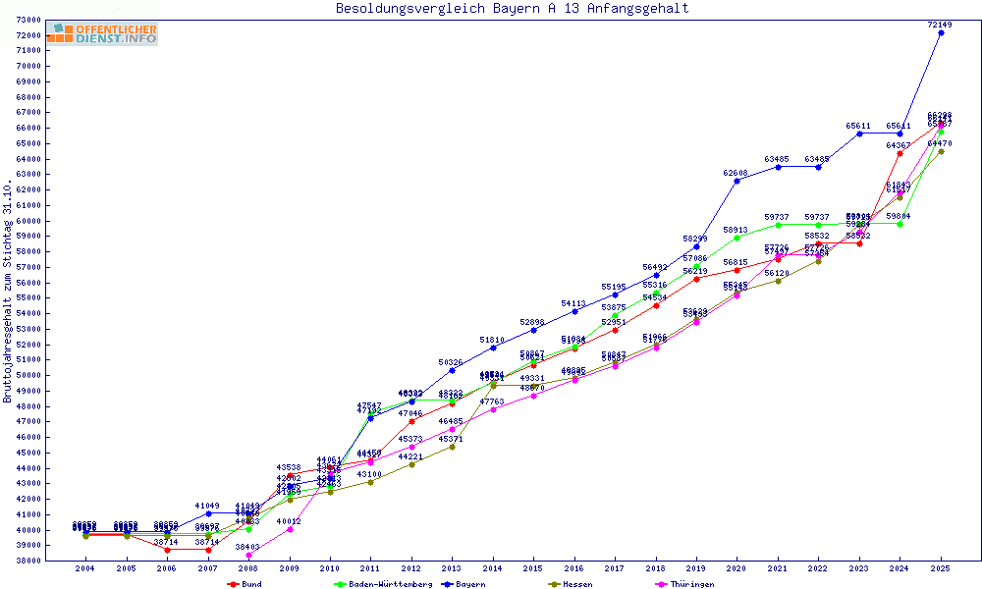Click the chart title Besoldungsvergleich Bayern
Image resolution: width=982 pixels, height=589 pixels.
[x=512, y=9]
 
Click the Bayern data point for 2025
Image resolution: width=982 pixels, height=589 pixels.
[x=941, y=32]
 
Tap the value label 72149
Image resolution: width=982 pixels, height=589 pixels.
[x=941, y=24]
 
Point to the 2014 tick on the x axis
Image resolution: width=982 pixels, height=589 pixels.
[x=493, y=568]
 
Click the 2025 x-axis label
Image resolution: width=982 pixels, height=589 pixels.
[x=941, y=568]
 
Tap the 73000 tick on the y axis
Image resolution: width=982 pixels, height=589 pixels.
[x=27, y=20]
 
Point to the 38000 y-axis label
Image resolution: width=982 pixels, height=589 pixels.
[x=27, y=561]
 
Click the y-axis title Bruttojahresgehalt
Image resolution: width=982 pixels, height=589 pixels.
[x=8, y=293]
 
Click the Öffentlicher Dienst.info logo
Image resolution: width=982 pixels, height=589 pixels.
[x=102, y=34]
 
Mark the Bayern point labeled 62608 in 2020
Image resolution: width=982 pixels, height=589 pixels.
[x=737, y=181]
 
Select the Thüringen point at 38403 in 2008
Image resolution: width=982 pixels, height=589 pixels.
[x=248, y=555]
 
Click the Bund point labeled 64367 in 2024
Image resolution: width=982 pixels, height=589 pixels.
[x=900, y=153]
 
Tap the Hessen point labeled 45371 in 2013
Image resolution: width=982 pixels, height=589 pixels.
[x=452, y=447]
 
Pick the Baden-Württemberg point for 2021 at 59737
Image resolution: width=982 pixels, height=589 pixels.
[x=778, y=225]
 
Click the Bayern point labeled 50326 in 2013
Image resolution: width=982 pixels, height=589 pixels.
[x=452, y=370]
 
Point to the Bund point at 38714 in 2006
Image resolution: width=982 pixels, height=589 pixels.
[x=167, y=550]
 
